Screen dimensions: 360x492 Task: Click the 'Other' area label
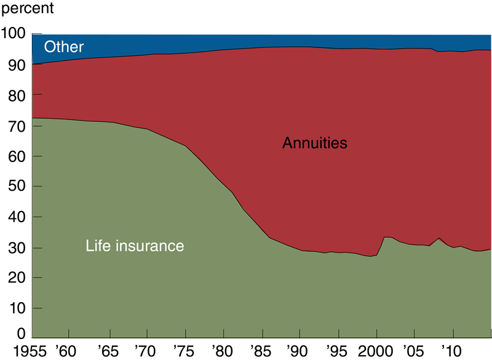[63, 47]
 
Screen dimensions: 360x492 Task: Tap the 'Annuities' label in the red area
[315, 143]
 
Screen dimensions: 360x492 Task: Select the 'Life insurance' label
[135, 246]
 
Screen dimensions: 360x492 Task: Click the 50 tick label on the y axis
[17, 186]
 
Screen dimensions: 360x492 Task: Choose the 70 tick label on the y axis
[17, 126]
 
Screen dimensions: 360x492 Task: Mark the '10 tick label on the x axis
[452, 350]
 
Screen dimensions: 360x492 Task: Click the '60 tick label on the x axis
[68, 350]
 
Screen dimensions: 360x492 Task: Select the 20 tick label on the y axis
[17, 278]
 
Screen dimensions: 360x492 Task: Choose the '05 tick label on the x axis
[414, 350]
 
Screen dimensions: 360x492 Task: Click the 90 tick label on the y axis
[17, 65]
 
